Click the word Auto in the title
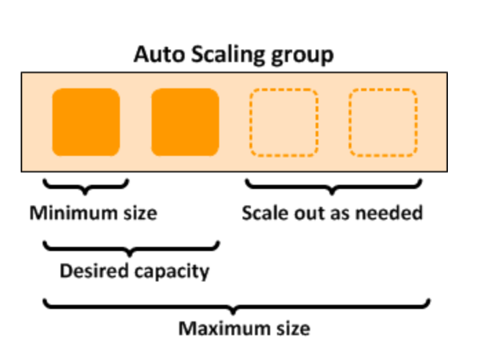tap(156, 54)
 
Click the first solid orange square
tap(86, 122)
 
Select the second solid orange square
tap(185, 122)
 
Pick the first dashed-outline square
tap(283, 122)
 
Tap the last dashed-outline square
tap(383, 122)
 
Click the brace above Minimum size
tap(85, 185)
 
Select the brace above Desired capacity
tap(131, 246)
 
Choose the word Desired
tap(89, 271)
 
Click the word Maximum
tap(216, 328)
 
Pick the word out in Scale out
tap(303, 213)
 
